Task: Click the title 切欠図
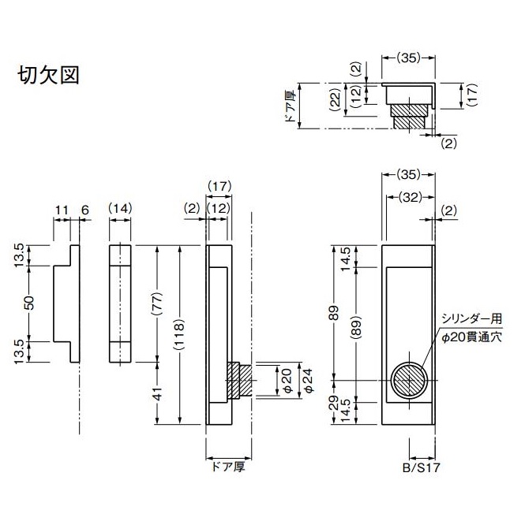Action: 48,76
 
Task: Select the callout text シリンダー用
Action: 470,319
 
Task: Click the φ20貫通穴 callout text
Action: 471,337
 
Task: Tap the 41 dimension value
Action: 157,393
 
